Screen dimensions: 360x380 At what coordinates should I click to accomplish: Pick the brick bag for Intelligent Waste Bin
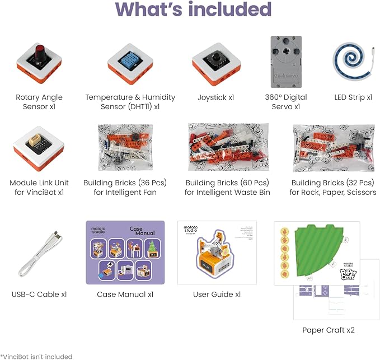(227, 148)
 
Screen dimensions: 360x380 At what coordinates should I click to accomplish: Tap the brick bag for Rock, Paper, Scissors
(333, 148)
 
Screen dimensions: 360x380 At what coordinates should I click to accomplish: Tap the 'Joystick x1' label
(215, 97)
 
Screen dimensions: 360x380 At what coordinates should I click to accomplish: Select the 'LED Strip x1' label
(353, 97)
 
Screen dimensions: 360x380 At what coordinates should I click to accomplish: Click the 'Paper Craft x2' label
(329, 330)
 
